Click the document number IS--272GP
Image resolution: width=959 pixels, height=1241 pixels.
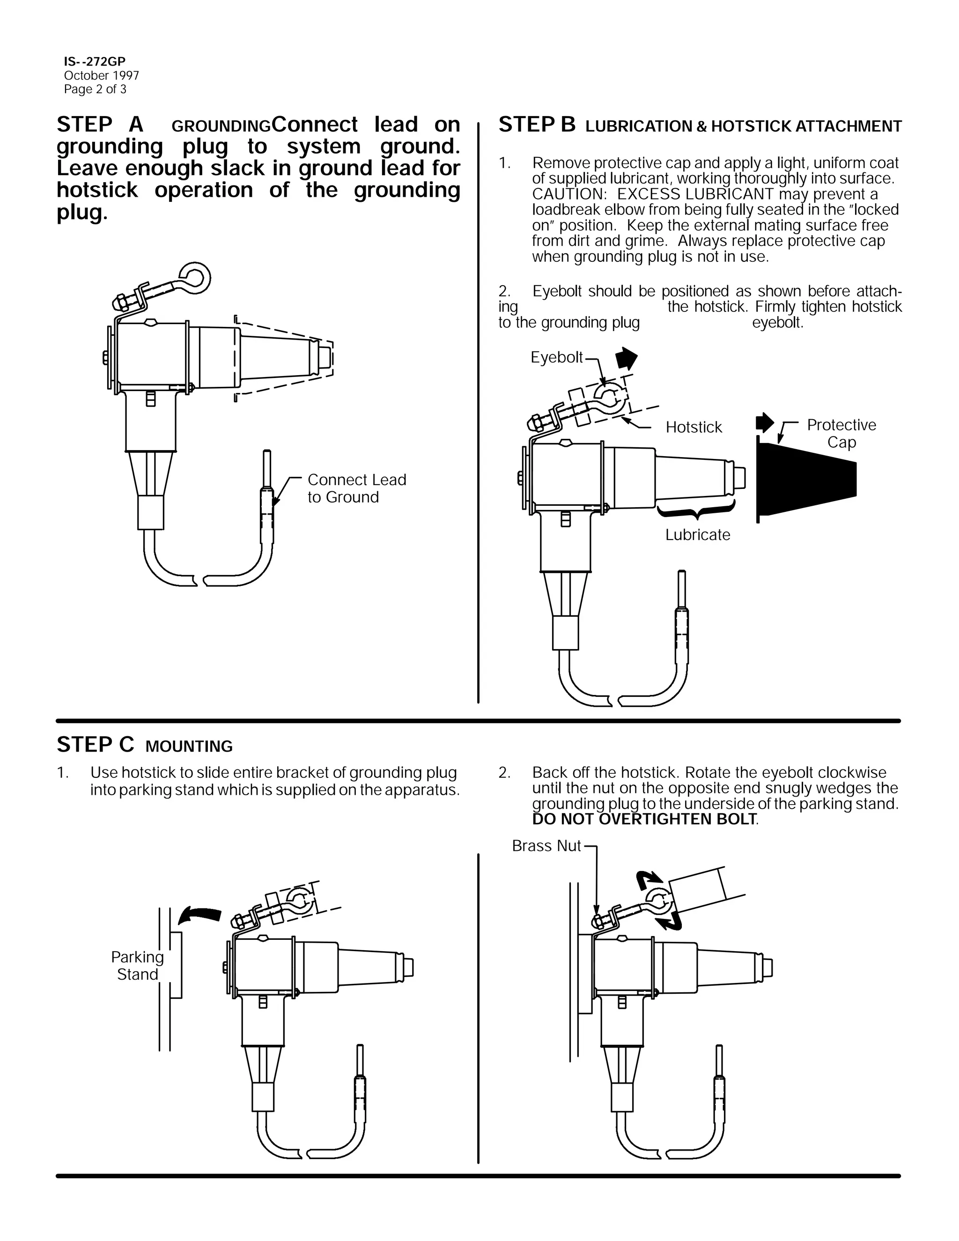point(94,62)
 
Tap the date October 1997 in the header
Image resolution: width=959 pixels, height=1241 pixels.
point(101,75)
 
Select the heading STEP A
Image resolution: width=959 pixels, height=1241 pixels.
point(100,125)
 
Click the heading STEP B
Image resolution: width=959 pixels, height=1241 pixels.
point(537,125)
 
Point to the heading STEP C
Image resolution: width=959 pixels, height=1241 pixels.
point(96,745)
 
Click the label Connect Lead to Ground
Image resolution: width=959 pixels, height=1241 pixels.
point(356,488)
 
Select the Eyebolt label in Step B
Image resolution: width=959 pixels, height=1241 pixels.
point(556,357)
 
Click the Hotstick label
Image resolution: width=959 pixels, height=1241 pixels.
point(693,427)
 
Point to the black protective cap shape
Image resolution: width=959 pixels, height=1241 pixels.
point(807,479)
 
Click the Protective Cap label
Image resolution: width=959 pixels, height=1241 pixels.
point(841,433)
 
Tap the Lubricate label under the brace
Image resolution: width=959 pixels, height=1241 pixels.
point(698,534)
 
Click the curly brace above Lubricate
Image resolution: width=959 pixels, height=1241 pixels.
point(696,511)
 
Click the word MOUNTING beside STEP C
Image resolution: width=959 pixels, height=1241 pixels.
point(189,746)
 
